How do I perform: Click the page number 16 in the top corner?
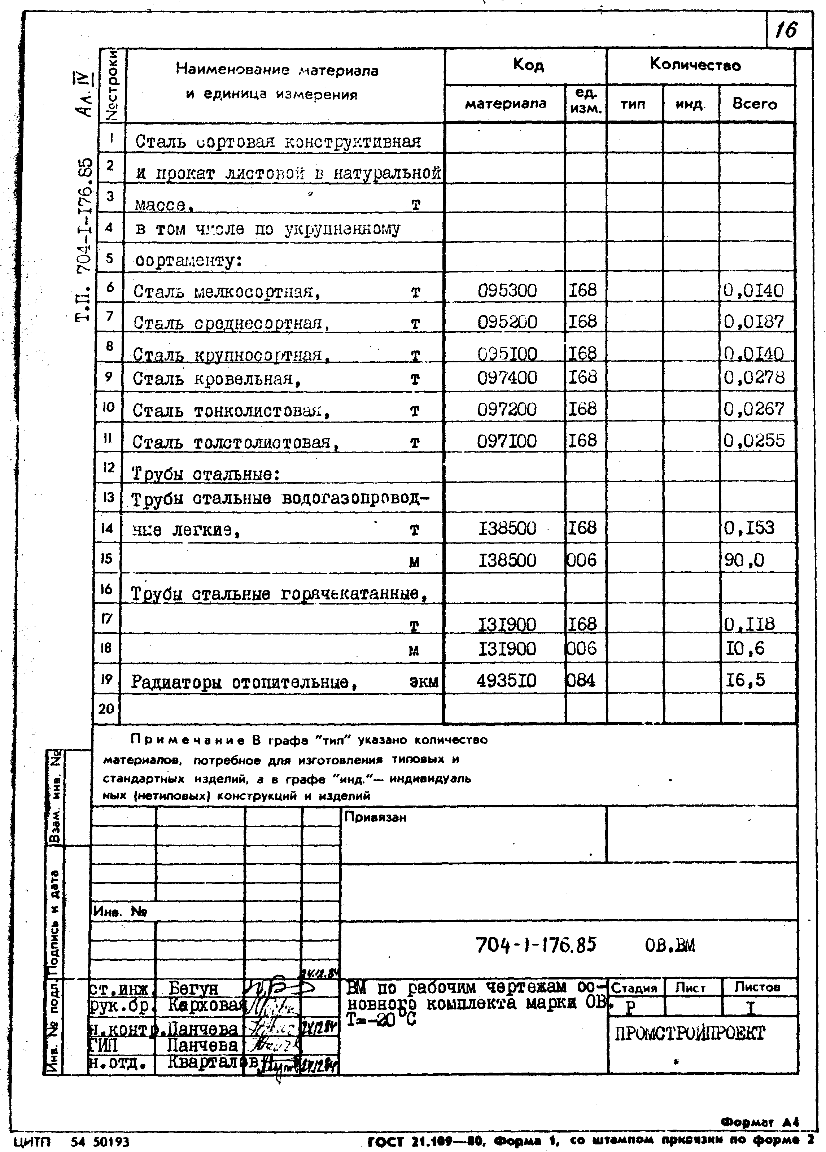coord(786,30)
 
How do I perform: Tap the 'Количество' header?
coord(695,65)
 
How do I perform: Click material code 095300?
coord(507,291)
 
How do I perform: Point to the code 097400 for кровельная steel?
coord(507,378)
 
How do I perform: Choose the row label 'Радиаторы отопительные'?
coord(244,682)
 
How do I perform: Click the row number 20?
coord(106,708)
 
